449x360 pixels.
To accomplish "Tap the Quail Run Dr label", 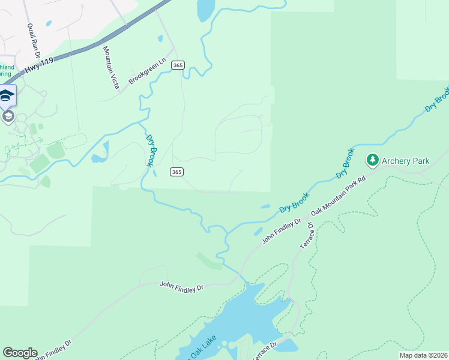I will pos(33,41).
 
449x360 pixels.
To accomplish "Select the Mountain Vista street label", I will pos(110,68).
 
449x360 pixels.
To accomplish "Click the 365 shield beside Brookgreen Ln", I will pos(176,65).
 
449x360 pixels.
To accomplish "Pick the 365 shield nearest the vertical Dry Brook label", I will pos(176,172).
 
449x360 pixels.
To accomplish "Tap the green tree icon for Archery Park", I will pos(373,160).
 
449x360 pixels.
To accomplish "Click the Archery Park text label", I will pos(406,161).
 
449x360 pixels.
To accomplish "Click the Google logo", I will pos(20,353).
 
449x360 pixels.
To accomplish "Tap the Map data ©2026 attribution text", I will pos(423,355).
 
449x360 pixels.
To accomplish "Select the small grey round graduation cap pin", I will pos(8,116).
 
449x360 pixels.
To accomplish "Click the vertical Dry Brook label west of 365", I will pos(151,149).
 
